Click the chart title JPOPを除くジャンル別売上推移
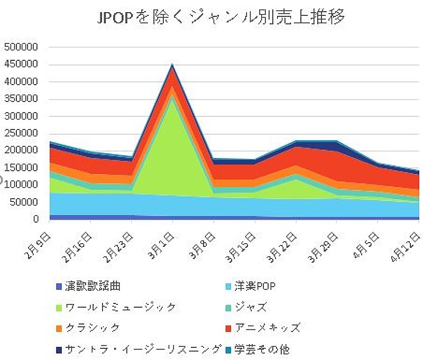[x=221, y=17]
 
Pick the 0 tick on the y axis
[x=35, y=219]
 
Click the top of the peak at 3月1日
[x=172, y=64]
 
